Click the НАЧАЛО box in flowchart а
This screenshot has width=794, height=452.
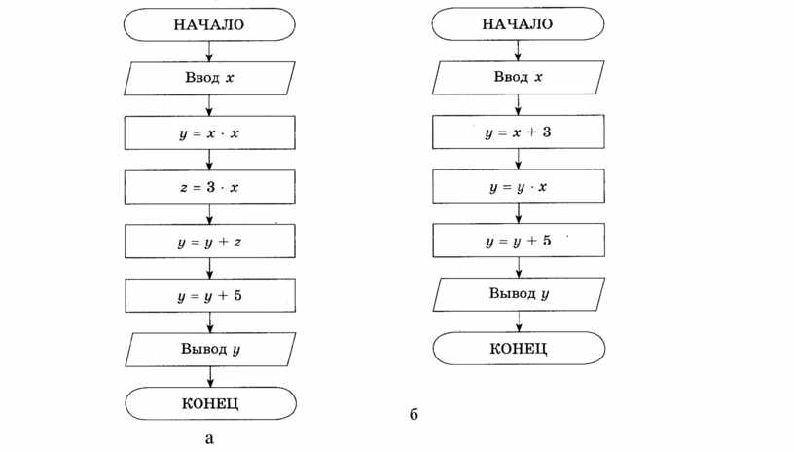pyautogui.click(x=209, y=24)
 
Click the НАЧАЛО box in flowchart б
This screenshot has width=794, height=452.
pyautogui.click(x=518, y=23)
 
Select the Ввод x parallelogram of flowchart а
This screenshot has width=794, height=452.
pyautogui.click(x=209, y=78)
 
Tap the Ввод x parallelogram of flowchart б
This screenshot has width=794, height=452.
pyautogui.click(x=518, y=78)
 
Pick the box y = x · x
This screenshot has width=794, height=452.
pyautogui.click(x=209, y=132)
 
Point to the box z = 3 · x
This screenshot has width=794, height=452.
pyautogui.click(x=209, y=187)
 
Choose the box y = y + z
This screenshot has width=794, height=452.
pyautogui.click(x=209, y=242)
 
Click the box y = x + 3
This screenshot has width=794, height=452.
pyautogui.click(x=518, y=132)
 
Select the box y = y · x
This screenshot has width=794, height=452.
pyautogui.click(x=518, y=186)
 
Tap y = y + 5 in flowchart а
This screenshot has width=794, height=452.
pyautogui.click(x=210, y=295)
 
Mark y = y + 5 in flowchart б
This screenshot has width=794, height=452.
pyautogui.click(x=519, y=241)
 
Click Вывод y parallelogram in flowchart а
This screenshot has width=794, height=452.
pyautogui.click(x=210, y=350)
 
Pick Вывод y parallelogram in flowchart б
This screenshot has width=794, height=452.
pyautogui.click(x=519, y=294)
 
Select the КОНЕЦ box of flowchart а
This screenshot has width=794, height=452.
pyautogui.click(x=210, y=403)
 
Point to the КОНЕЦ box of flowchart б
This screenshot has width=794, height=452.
pyautogui.click(x=519, y=348)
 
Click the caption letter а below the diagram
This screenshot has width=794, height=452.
pyautogui.click(x=209, y=438)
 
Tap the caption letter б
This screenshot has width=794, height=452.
pyautogui.click(x=414, y=414)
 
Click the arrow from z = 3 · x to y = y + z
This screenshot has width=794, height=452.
pyautogui.click(x=209, y=214)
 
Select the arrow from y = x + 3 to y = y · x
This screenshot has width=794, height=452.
pyautogui.click(x=518, y=159)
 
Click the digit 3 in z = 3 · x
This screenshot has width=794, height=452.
pyautogui.click(x=210, y=187)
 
